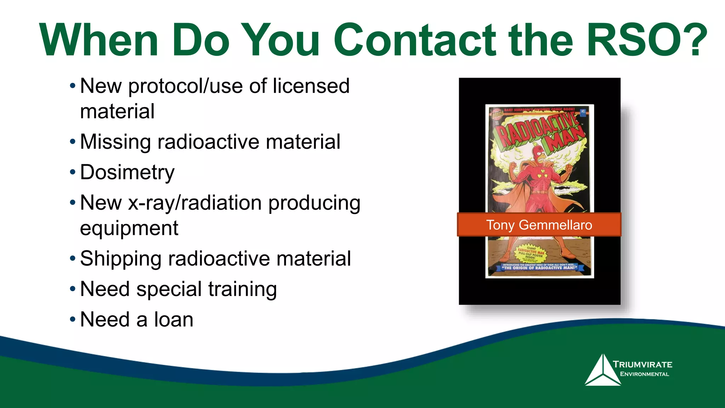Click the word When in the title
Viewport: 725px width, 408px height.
(98, 40)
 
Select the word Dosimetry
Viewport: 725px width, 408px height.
(127, 172)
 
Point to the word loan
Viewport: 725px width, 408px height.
(173, 319)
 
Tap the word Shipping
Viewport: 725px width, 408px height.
(120, 259)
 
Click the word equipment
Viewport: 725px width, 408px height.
(129, 228)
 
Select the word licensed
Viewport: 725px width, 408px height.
(311, 86)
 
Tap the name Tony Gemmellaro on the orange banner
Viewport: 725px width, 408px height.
(539, 225)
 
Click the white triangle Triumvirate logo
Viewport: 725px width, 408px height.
(603, 371)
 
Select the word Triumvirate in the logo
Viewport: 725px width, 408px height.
(642, 364)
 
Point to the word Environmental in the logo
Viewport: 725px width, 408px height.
(644, 374)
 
